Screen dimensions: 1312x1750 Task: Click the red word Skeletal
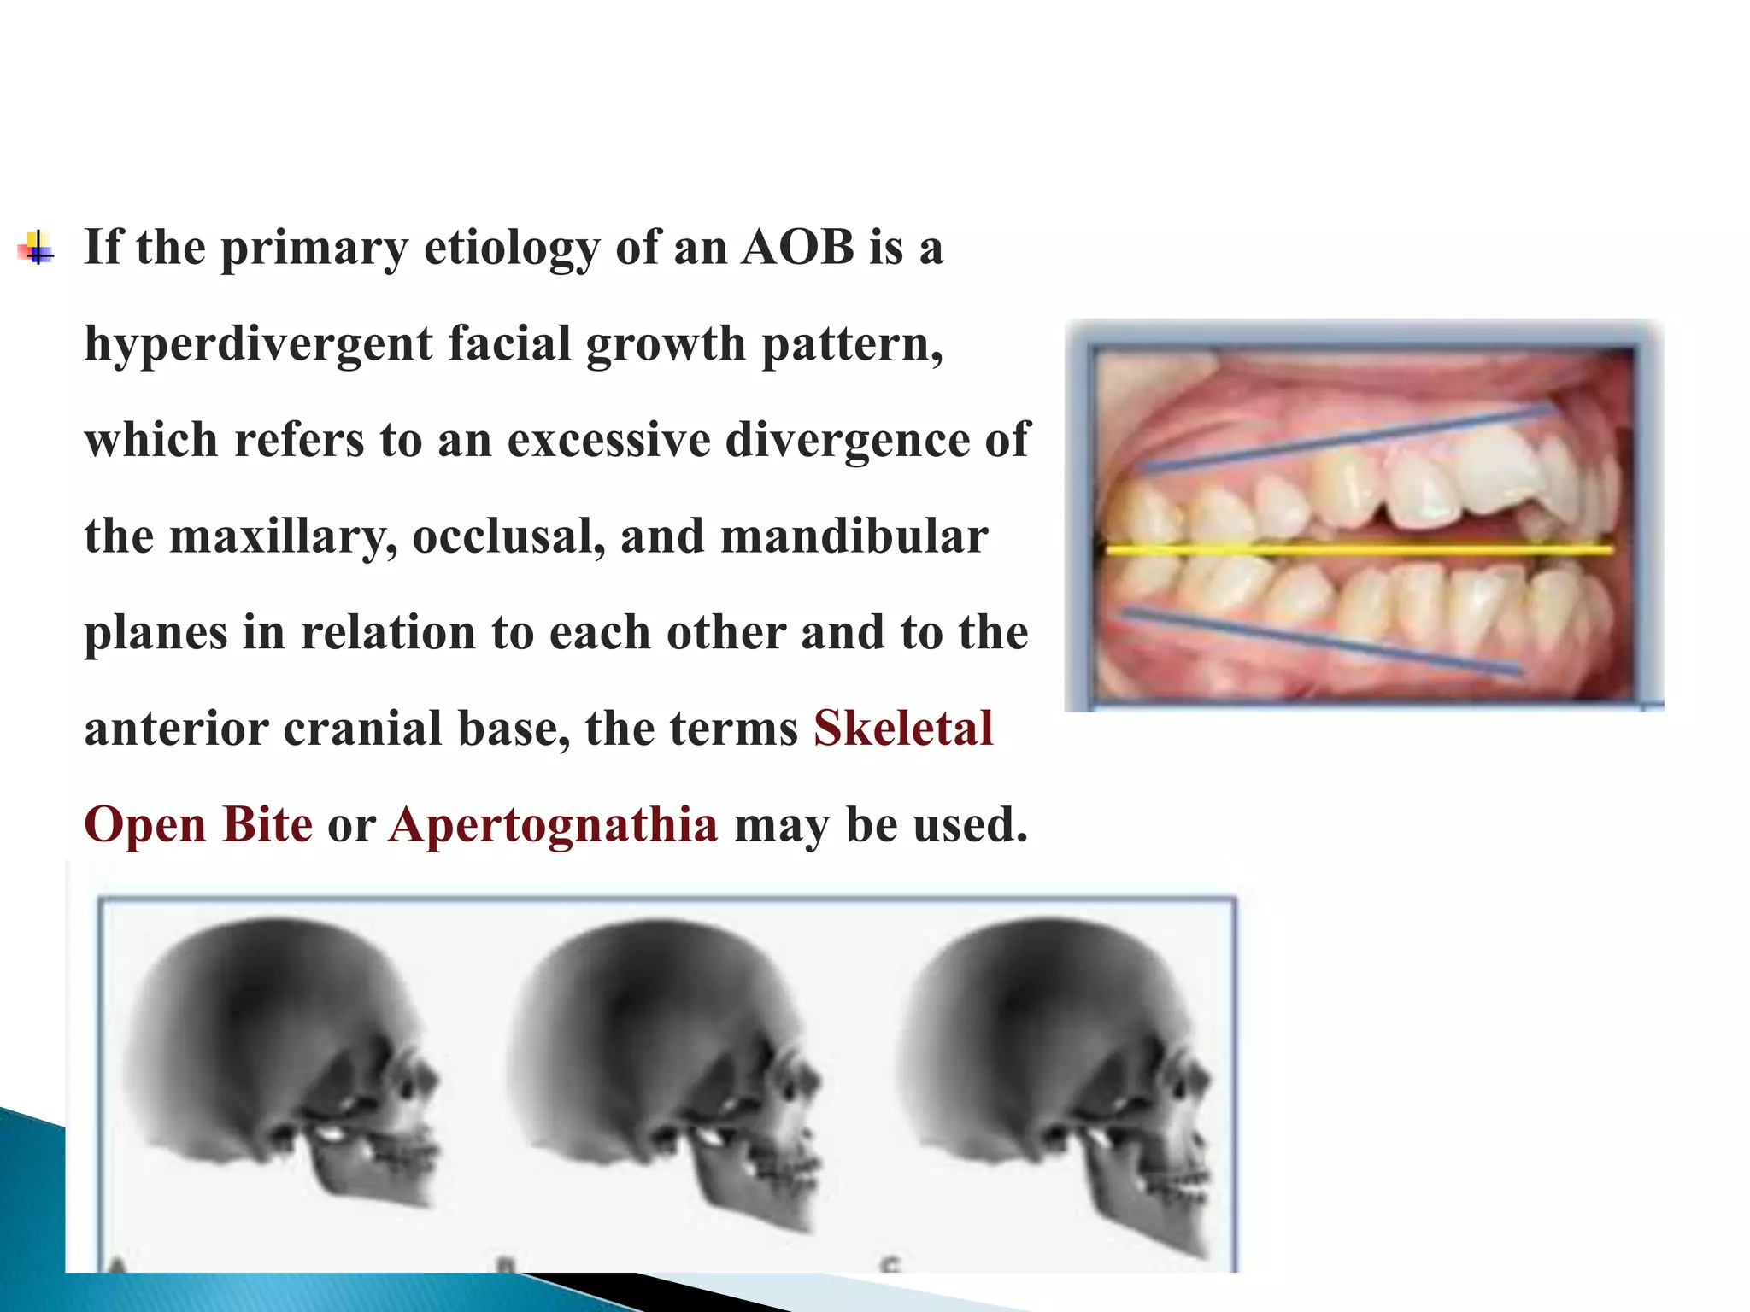[903, 729]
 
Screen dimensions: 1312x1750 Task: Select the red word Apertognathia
[553, 825]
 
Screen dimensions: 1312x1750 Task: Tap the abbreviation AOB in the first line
[798, 248]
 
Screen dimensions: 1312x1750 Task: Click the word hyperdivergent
[258, 344]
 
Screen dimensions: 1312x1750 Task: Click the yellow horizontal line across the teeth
[1359, 550]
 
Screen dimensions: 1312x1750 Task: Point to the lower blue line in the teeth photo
[1320, 640]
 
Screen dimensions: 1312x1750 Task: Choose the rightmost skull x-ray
[1055, 1068]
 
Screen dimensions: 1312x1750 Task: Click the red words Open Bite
[198, 825]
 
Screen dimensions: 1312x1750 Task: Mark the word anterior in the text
[175, 729]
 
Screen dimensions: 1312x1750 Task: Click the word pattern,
[852, 344]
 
